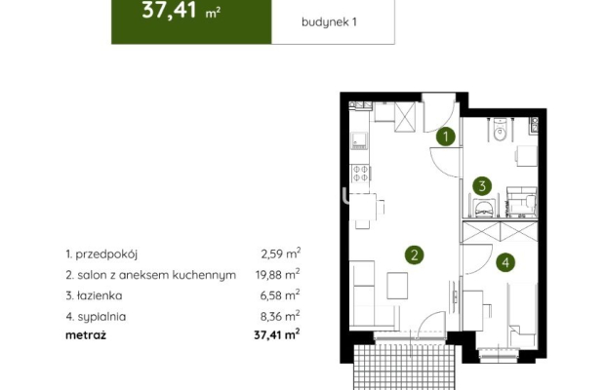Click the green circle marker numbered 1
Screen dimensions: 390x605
pyautogui.click(x=445, y=137)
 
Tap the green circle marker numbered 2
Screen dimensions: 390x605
pyautogui.click(x=415, y=255)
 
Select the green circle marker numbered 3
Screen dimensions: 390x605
pyautogui.click(x=481, y=185)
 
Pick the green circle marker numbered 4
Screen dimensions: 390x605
pyautogui.click(x=504, y=261)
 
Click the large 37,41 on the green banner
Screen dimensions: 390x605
pyautogui.click(x=167, y=13)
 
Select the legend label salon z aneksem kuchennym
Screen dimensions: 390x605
pyautogui.click(x=151, y=275)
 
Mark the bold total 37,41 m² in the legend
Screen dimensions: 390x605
pyautogui.click(x=273, y=334)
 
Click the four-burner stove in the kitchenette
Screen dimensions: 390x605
pyautogui.click(x=359, y=173)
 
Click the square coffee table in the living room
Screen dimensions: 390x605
pyautogui.click(x=398, y=286)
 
